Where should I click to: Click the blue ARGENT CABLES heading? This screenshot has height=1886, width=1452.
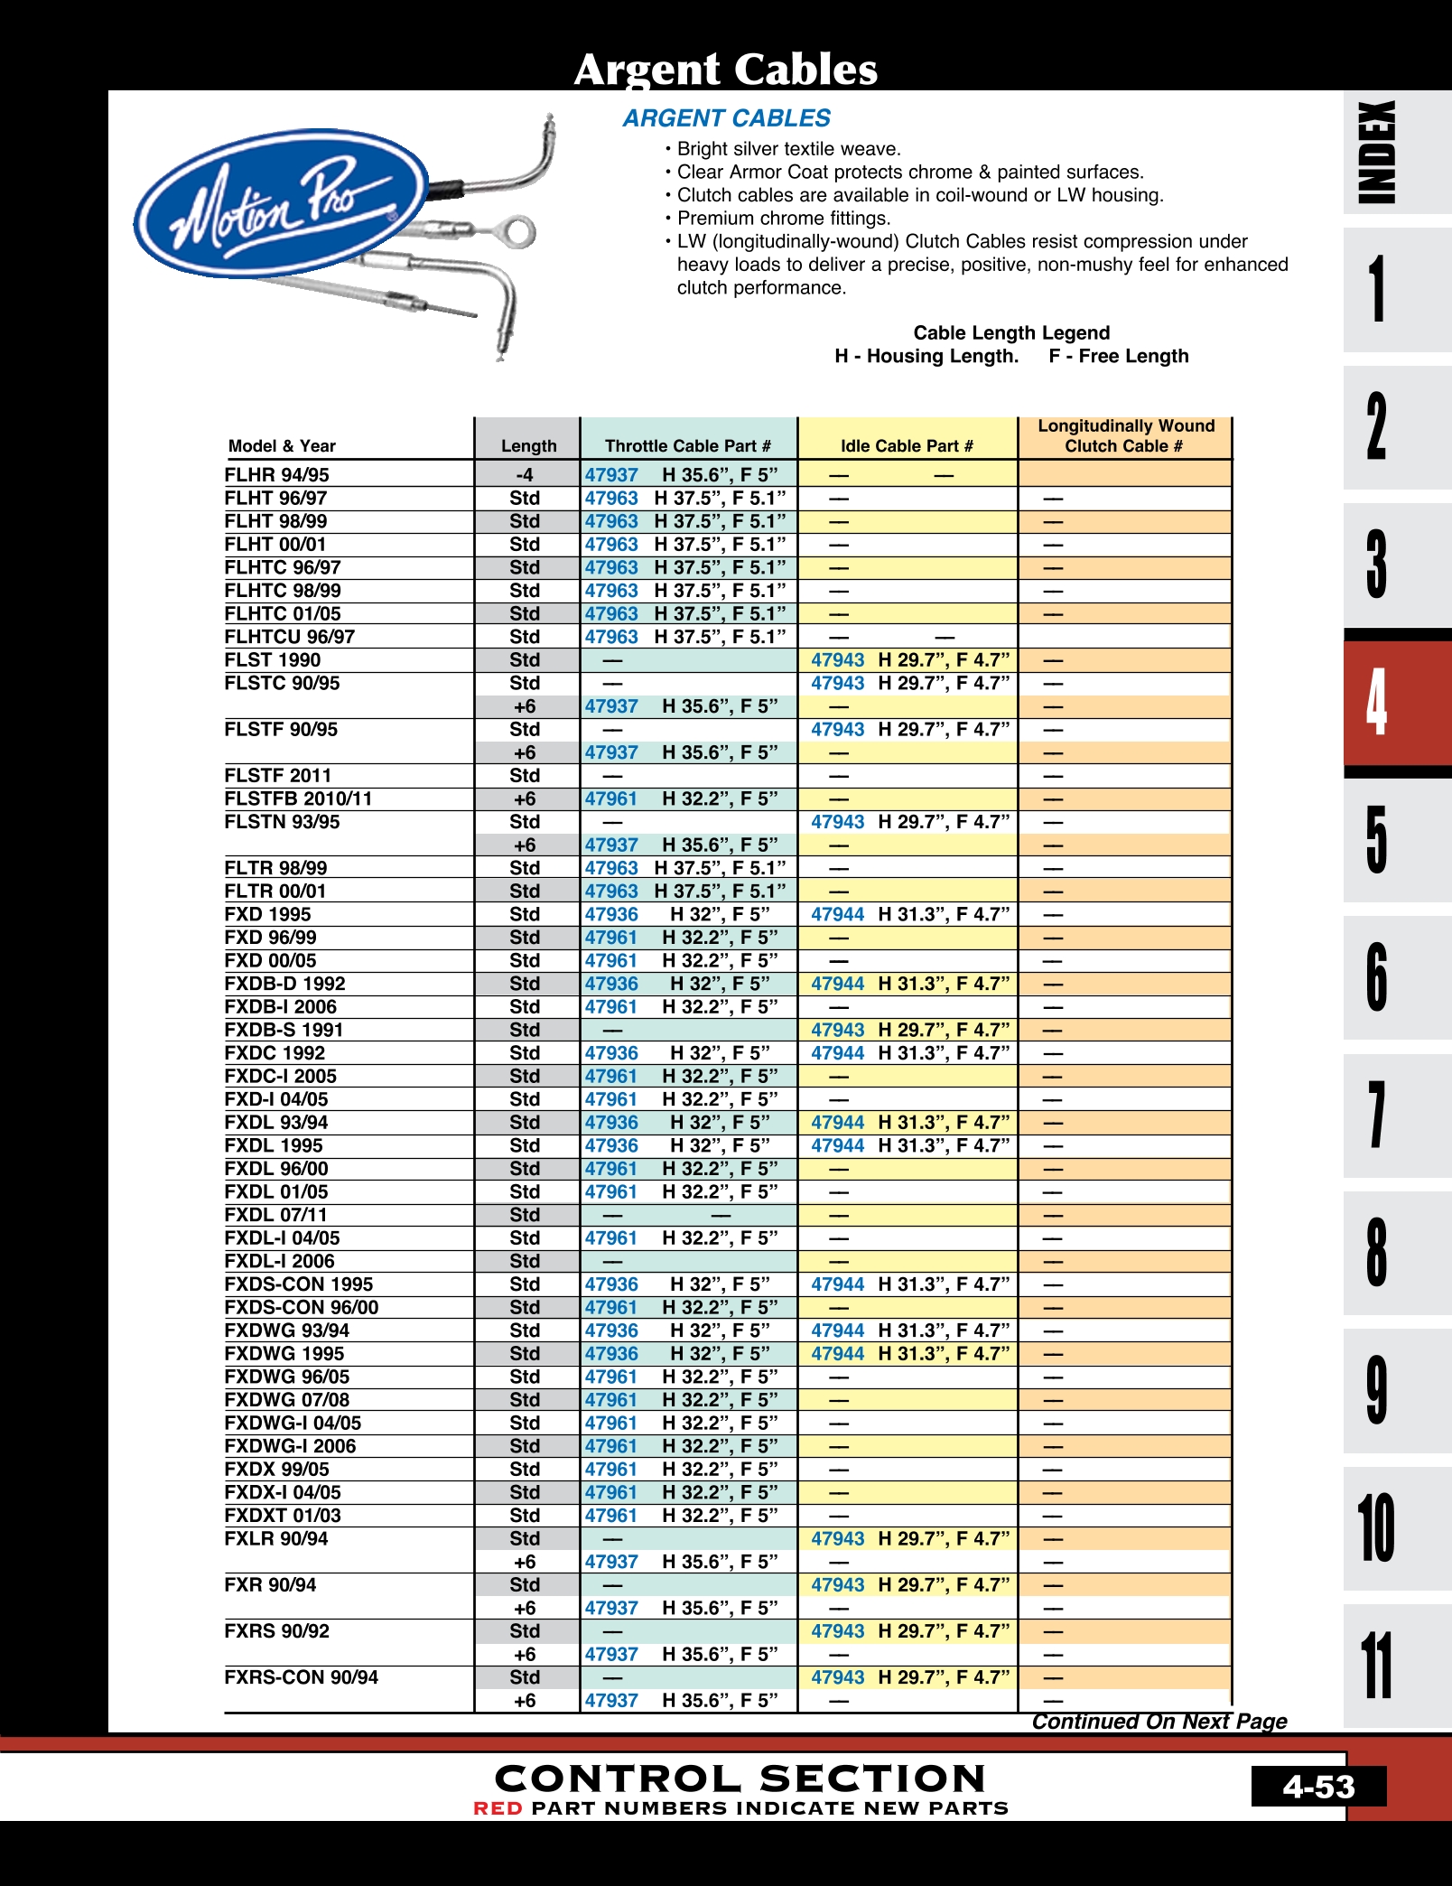pyautogui.click(x=726, y=118)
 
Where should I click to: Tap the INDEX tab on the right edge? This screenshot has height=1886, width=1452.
pyautogui.click(x=1378, y=152)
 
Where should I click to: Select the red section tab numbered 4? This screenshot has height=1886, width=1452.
pyautogui.click(x=1378, y=702)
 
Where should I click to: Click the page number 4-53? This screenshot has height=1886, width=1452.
pyautogui.click(x=1318, y=1786)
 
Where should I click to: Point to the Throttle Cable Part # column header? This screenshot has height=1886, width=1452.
pyautogui.click(x=688, y=445)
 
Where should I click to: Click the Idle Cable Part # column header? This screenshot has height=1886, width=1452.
pyautogui.click(x=907, y=445)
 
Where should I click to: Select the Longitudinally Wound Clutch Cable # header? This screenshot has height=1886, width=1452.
pyautogui.click(x=1125, y=435)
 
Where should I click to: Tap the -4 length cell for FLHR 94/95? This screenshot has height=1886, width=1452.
pyautogui.click(x=525, y=475)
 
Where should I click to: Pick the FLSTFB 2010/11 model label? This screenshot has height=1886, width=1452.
pyautogui.click(x=298, y=798)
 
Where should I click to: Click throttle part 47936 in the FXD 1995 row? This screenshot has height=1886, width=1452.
pyautogui.click(x=611, y=914)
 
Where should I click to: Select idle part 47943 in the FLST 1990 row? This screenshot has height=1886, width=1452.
pyautogui.click(x=837, y=660)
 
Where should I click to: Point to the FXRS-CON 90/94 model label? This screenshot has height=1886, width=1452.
pyautogui.click(x=301, y=1677)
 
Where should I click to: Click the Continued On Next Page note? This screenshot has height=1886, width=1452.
pyautogui.click(x=1159, y=1722)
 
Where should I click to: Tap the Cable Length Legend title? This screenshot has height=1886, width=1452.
pyautogui.click(x=1011, y=332)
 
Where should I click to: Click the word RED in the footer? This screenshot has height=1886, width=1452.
pyautogui.click(x=498, y=1808)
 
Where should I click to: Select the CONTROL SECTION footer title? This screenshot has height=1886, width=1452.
pyautogui.click(x=740, y=1779)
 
